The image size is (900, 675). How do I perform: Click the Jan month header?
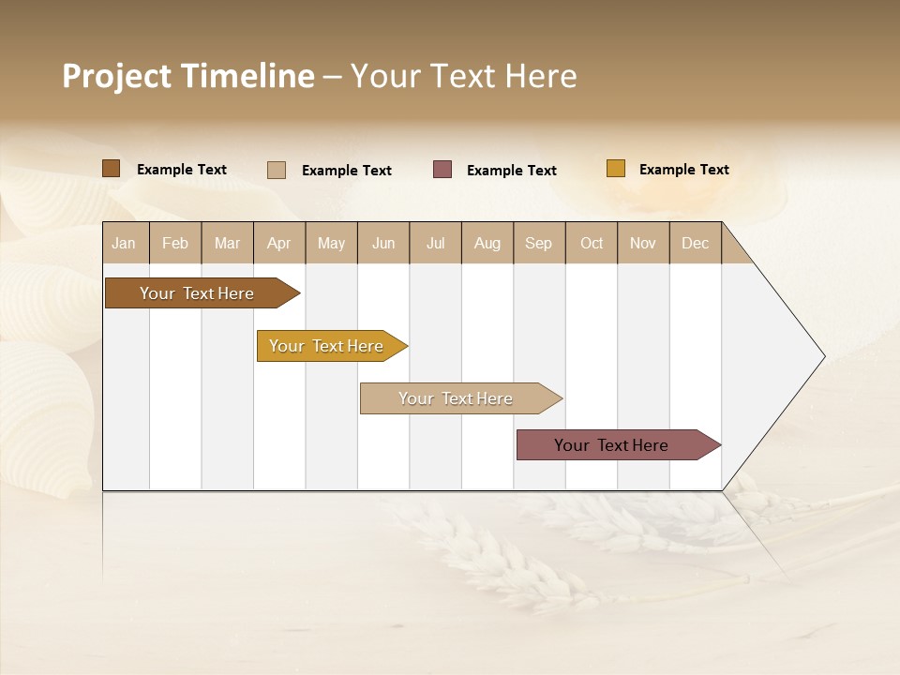point(125,243)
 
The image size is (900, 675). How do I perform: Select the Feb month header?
point(175,243)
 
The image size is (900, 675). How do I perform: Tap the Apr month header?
point(279,243)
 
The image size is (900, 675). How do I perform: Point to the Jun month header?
point(383,243)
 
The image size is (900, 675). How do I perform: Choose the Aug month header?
point(487,243)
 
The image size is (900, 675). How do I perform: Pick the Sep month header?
point(539,243)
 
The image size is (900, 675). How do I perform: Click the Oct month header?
point(592,243)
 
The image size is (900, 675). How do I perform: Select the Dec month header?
point(696,243)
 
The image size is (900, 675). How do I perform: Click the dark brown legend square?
point(112,169)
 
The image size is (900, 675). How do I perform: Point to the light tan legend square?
point(277,170)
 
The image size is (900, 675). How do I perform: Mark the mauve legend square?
point(442,170)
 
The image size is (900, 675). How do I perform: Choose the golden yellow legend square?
point(616,169)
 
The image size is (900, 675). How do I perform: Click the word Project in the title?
point(117,76)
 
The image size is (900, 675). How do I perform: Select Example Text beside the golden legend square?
point(684,170)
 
